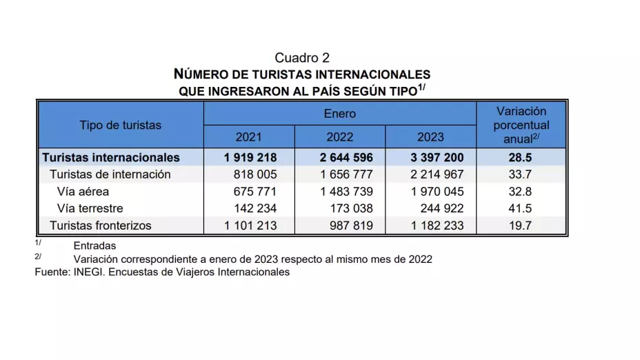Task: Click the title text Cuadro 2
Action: click(x=302, y=58)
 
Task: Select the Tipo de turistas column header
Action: click(x=120, y=125)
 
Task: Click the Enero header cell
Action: click(x=339, y=113)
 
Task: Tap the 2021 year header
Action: click(x=248, y=137)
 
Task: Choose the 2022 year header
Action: click(x=339, y=137)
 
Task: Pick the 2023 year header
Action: click(x=430, y=137)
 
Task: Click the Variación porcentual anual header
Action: click(x=521, y=125)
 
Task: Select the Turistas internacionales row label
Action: click(x=111, y=157)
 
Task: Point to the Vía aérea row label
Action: click(x=83, y=191)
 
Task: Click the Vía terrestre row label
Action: click(x=91, y=208)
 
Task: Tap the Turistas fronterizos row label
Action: click(x=101, y=225)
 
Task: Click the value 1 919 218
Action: click(x=250, y=157)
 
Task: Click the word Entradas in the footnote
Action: click(x=94, y=246)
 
